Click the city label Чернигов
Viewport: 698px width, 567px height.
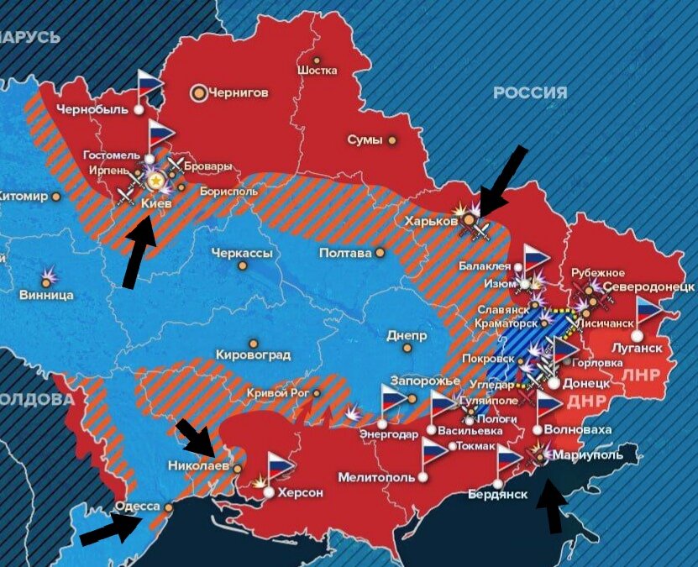pos(239,93)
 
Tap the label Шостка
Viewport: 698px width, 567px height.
pos(318,71)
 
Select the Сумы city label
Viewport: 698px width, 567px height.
pos(365,139)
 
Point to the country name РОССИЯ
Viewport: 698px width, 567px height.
pos(530,92)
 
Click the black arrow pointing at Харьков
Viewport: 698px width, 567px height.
pos(505,177)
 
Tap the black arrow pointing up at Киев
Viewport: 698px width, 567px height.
pos(139,249)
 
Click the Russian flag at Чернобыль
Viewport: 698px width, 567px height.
pos(150,85)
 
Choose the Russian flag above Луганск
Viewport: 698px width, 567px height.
pos(648,312)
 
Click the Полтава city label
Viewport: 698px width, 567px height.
pos(345,253)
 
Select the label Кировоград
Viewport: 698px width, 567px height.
pos(253,354)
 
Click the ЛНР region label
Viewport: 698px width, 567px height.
pos(643,373)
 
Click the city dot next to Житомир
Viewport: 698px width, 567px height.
pos(55,197)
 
